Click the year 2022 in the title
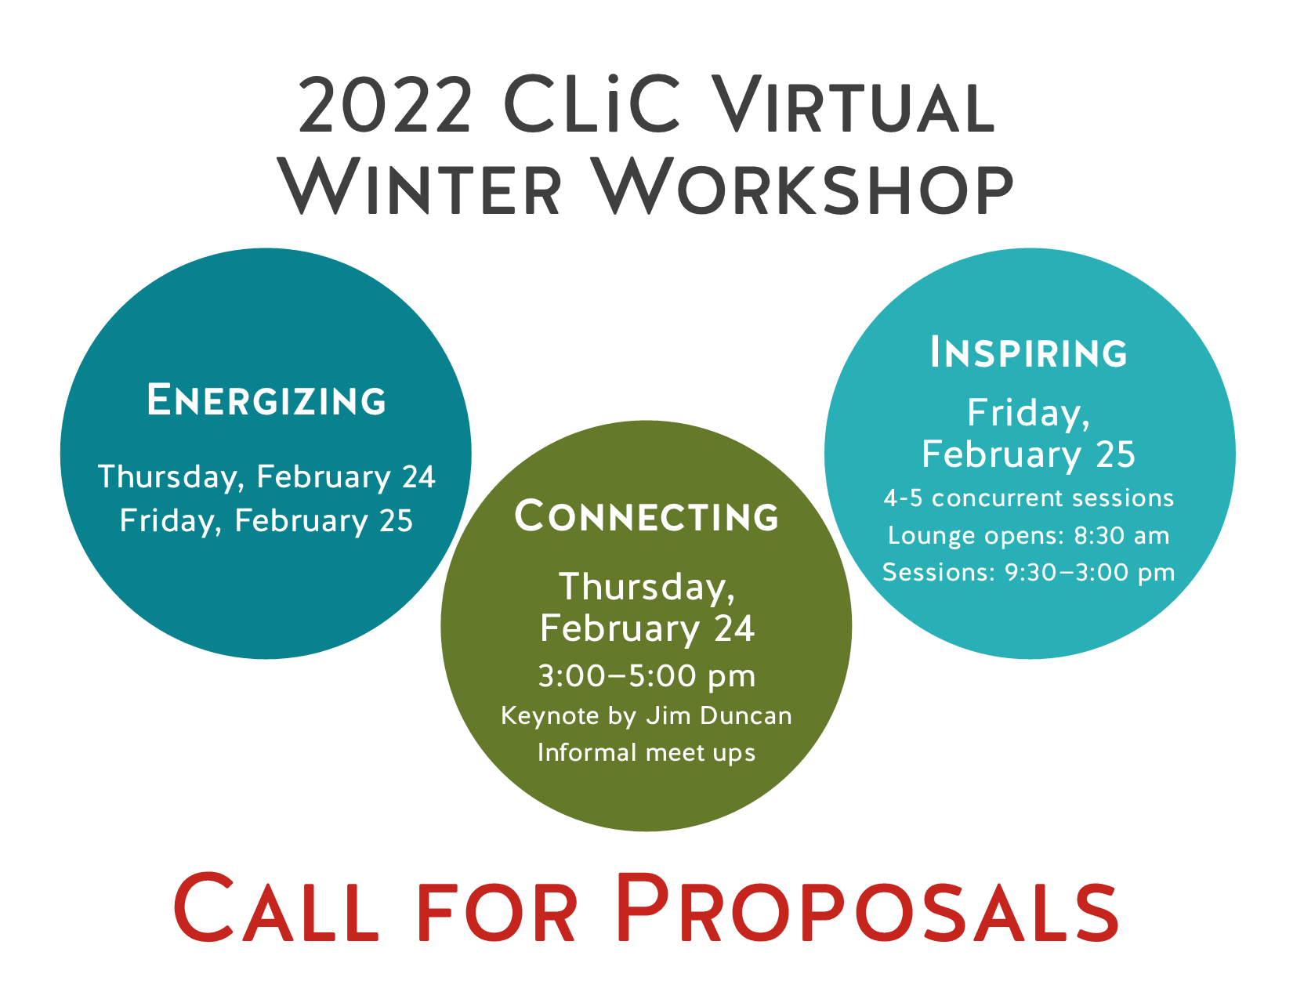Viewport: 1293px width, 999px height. [385, 105]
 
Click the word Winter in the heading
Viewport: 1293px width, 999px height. [419, 186]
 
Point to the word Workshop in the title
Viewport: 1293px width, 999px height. [805, 186]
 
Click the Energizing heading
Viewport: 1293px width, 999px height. [266, 400]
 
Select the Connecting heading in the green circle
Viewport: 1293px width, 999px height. [646, 516]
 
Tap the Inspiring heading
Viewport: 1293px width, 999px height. [1028, 353]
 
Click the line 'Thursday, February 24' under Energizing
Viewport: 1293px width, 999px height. [266, 478]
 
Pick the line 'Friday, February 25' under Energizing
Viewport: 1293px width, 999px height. [266, 521]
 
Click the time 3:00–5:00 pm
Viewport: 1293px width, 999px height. [646, 676]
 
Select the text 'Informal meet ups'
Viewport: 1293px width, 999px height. [646, 753]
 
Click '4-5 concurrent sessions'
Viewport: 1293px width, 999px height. [1028, 498]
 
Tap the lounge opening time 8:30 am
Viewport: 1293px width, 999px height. [1121, 535]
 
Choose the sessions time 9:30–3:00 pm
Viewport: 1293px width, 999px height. [1089, 573]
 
